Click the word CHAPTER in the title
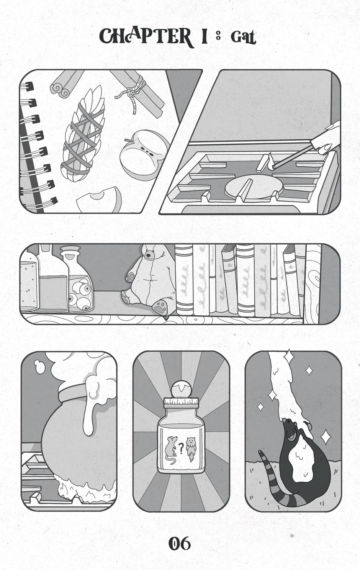click(146, 37)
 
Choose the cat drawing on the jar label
click(191, 449)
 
